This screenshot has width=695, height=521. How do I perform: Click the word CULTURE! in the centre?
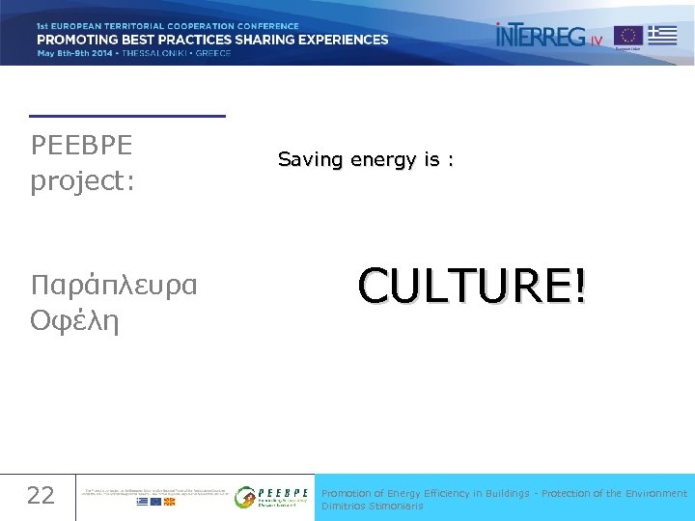tap(471, 286)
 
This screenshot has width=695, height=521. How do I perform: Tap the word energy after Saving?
tap(384, 160)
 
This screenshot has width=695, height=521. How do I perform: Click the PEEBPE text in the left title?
tap(82, 146)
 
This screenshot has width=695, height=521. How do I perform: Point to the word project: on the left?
tap(82, 181)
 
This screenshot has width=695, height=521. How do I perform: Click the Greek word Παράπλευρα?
tap(114, 286)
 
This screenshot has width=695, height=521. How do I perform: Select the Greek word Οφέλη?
tap(74, 320)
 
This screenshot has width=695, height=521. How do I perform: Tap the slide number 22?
tap(41, 496)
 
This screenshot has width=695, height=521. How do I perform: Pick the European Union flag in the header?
tap(628, 36)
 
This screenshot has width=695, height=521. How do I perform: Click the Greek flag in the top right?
tap(662, 35)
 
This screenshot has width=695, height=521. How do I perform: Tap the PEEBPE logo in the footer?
tap(273, 496)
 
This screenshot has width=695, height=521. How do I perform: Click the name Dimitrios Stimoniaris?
tap(372, 506)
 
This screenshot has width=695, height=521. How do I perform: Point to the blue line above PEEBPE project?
tap(127, 116)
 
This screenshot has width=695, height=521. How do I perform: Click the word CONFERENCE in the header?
tap(264, 26)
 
